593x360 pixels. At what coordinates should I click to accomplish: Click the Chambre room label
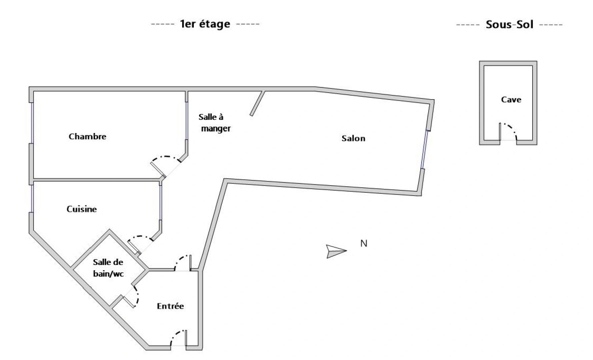[x=87, y=136]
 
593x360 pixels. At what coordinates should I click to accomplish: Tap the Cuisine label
[x=82, y=209]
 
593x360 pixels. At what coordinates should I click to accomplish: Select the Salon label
[x=353, y=138]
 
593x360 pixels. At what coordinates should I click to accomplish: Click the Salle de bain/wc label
[x=108, y=268]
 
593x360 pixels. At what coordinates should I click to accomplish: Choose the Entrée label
[x=170, y=306]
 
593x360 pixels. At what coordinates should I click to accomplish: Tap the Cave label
[x=511, y=100]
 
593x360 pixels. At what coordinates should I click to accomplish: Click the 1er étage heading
[x=205, y=24]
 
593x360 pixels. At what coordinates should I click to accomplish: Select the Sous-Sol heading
[x=509, y=24]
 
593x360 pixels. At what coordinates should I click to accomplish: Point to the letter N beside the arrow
[x=364, y=244]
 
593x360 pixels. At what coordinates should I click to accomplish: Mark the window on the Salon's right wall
[x=424, y=149]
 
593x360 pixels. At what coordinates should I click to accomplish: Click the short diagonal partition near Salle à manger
[x=257, y=103]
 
